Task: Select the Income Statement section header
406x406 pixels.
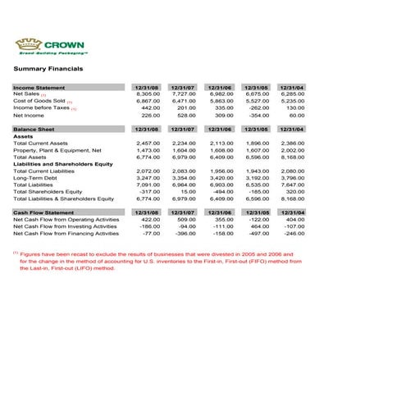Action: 39,87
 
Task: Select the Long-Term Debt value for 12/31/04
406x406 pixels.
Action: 294,177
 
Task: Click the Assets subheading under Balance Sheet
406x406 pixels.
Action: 24,136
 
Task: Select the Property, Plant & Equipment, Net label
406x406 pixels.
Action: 57,150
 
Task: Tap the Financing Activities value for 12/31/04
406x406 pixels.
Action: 294,234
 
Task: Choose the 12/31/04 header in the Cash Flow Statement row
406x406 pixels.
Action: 292,212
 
